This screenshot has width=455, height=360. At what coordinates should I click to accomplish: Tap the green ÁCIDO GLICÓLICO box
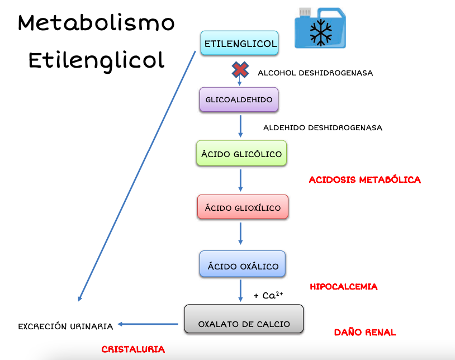[x=241, y=154]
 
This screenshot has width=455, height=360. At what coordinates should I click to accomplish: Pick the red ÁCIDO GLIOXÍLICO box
[x=243, y=208]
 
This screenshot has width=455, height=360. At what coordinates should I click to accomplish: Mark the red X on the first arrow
[x=240, y=70]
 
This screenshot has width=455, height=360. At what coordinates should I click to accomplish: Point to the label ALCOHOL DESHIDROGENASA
[x=315, y=73]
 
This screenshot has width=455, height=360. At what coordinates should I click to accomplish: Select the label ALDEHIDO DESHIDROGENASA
[x=323, y=127]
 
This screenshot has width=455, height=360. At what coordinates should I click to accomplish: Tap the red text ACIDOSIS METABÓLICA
[x=364, y=180]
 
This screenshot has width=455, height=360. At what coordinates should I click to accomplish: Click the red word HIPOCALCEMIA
[x=343, y=287]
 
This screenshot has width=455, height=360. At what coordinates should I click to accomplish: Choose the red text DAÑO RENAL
[x=364, y=332]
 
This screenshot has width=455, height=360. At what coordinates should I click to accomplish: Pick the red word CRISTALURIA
[x=133, y=349]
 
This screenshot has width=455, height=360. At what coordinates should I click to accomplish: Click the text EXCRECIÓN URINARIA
[x=65, y=326]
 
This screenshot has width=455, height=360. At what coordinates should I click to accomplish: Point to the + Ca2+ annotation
[x=268, y=295]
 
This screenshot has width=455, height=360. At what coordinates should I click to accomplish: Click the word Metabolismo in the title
[x=96, y=23]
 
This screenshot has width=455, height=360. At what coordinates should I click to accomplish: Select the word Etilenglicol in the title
[x=96, y=60]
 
